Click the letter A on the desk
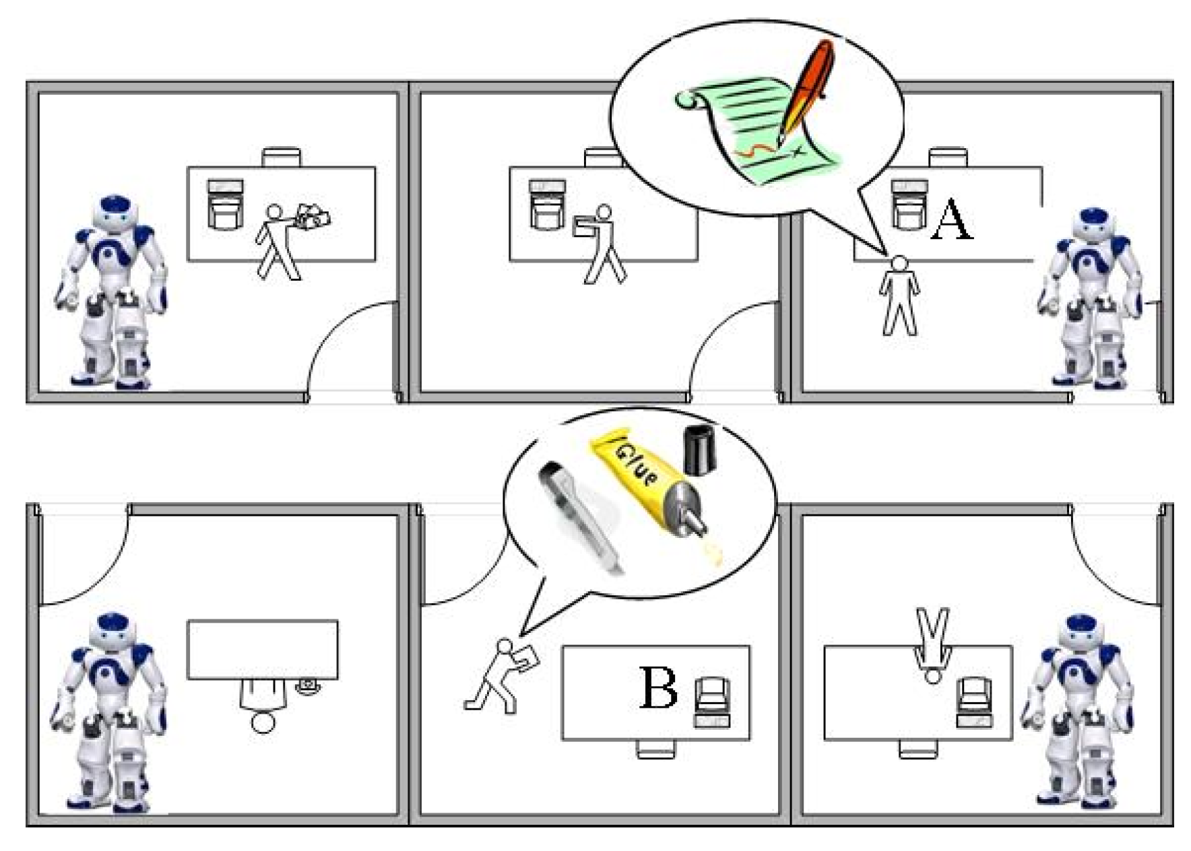[x=951, y=219]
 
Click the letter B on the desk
[x=658, y=687]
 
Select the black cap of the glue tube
[x=699, y=449]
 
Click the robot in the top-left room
[x=112, y=292]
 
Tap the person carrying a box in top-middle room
[x=602, y=243]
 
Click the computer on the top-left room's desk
[x=225, y=204]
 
